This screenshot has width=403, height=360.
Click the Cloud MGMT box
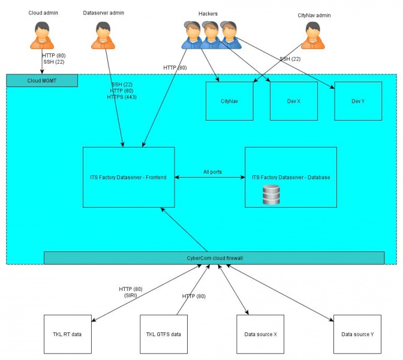click(x=42, y=80)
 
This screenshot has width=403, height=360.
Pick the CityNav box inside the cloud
click(x=229, y=101)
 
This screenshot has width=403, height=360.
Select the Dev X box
click(x=293, y=101)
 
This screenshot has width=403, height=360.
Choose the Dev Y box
click(x=358, y=101)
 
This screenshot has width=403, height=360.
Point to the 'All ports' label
click(x=212, y=172)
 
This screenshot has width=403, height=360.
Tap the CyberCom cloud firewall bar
click(x=214, y=258)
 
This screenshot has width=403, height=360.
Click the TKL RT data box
click(x=68, y=334)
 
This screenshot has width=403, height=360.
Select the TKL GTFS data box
click(x=163, y=334)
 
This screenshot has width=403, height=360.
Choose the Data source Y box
click(x=357, y=334)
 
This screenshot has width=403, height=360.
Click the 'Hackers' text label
click(x=208, y=13)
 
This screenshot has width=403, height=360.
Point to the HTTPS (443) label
click(x=122, y=97)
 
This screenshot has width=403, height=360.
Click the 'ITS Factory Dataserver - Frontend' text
click(x=128, y=177)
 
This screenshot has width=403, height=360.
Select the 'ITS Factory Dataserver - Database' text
click(x=291, y=177)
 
